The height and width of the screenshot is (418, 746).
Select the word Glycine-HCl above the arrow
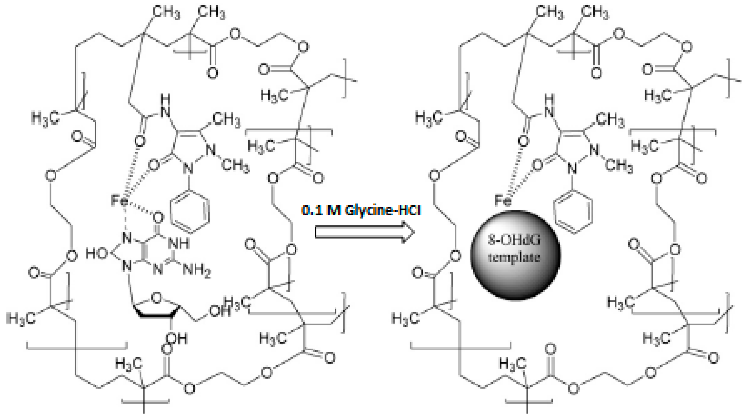coord(383,210)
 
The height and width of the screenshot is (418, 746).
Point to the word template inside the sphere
coord(514,257)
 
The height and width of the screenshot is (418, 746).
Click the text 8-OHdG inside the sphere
coord(514,240)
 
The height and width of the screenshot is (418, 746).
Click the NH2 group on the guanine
coord(197,271)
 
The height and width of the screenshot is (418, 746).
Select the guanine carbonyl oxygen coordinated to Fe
coord(158,217)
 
